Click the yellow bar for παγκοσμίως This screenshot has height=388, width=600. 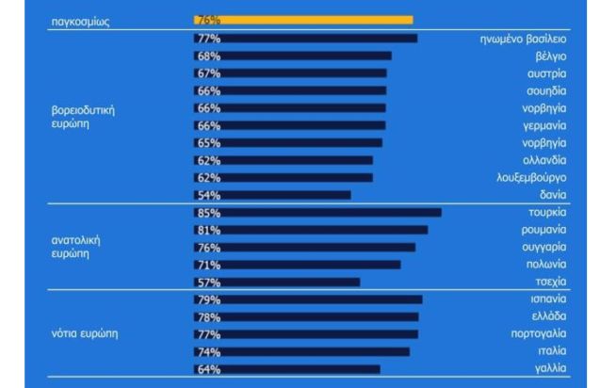(x=303, y=21)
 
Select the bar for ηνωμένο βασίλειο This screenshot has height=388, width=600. (x=305, y=39)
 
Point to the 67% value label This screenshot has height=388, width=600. (x=207, y=73)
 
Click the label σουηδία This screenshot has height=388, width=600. (x=546, y=90)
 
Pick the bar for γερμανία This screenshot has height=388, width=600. (x=290, y=125)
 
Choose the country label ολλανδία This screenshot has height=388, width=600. (x=544, y=160)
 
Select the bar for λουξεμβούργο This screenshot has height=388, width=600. (x=284, y=177)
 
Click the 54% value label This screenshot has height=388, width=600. (x=207, y=195)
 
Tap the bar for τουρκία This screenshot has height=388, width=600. (x=317, y=213)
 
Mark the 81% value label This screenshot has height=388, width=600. (x=207, y=230)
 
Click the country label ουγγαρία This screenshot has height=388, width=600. (x=543, y=248)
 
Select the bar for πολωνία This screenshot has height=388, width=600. (x=297, y=265)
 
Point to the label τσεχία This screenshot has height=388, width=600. (x=550, y=282)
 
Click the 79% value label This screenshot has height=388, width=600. (x=207, y=299)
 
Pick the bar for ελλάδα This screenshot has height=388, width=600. (x=306, y=316)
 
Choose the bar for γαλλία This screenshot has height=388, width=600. (x=287, y=369)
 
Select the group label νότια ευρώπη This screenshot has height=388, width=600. (x=84, y=333)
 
